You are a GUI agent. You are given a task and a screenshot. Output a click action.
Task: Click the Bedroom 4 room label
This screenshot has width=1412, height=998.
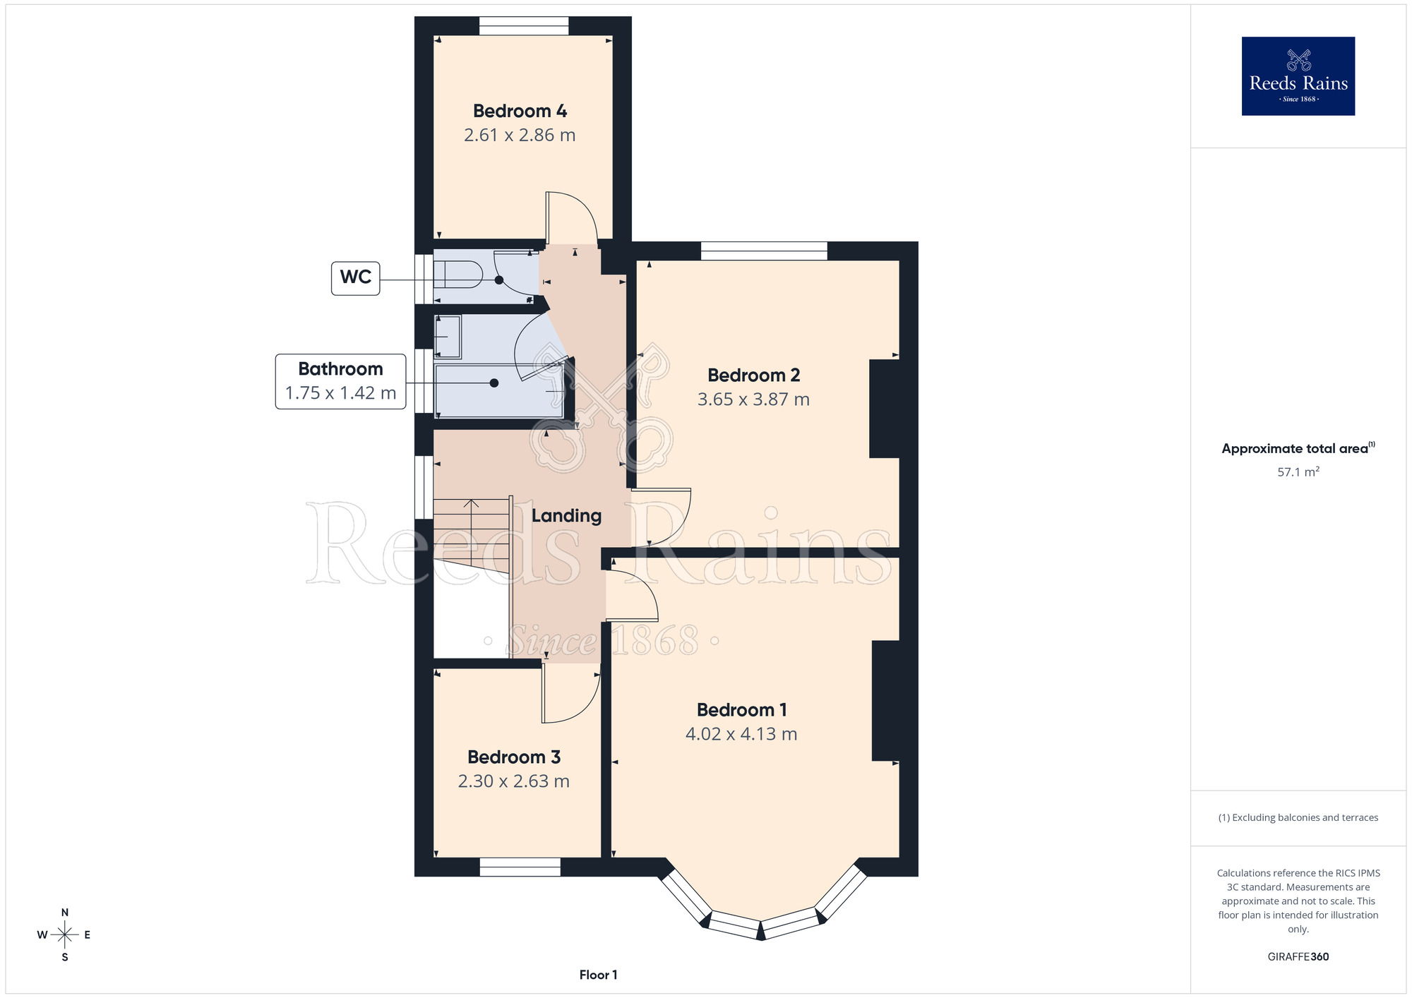(520, 111)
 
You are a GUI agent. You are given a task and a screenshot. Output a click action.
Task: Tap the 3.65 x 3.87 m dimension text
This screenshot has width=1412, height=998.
(753, 399)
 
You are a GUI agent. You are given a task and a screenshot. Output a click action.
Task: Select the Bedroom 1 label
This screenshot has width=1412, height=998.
(741, 709)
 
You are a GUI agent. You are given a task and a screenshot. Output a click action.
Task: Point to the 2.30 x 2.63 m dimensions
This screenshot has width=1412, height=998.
(513, 781)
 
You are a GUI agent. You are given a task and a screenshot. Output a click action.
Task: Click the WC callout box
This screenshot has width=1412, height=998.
(356, 278)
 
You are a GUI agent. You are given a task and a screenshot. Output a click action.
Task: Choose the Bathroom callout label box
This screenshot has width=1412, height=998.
(340, 381)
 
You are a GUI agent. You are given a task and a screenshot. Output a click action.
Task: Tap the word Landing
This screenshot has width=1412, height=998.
(566, 516)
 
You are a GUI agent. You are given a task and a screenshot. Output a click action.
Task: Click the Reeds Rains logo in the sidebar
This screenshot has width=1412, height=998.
(1298, 76)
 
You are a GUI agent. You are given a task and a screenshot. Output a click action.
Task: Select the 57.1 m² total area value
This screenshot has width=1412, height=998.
(1298, 471)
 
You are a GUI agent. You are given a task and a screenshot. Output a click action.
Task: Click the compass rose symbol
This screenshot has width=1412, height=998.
(64, 935)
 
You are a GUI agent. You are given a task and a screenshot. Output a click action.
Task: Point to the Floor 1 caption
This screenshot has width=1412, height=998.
(598, 975)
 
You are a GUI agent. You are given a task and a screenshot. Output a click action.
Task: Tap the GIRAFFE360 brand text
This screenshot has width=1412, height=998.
(1298, 957)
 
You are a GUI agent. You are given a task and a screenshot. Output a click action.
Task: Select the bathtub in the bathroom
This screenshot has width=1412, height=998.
(499, 391)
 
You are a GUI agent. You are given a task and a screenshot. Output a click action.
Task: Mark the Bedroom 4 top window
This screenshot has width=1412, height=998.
(524, 26)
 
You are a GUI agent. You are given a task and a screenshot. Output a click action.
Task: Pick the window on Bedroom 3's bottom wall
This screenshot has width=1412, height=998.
(520, 867)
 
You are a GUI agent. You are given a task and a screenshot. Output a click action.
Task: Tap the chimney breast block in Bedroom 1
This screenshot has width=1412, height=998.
(885, 701)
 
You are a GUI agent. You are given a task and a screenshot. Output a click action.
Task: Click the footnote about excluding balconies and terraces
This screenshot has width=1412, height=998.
(1298, 817)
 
